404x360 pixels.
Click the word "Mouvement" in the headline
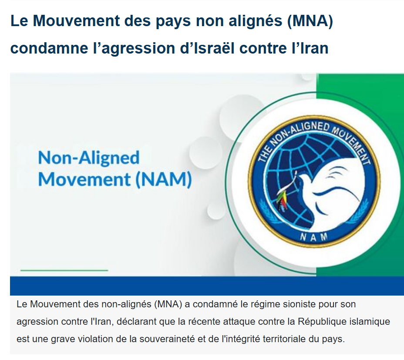[x=76, y=20]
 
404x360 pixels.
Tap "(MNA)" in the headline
[x=310, y=21]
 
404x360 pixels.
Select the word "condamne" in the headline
[x=49, y=48]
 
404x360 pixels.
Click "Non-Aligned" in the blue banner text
[x=89, y=158]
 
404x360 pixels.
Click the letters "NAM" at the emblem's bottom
[x=313, y=237]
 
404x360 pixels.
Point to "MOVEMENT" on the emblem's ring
[x=353, y=144]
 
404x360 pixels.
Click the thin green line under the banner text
[x=64, y=270]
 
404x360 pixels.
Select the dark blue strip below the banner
[x=207, y=286]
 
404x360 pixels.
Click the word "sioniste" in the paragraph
[x=300, y=304]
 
